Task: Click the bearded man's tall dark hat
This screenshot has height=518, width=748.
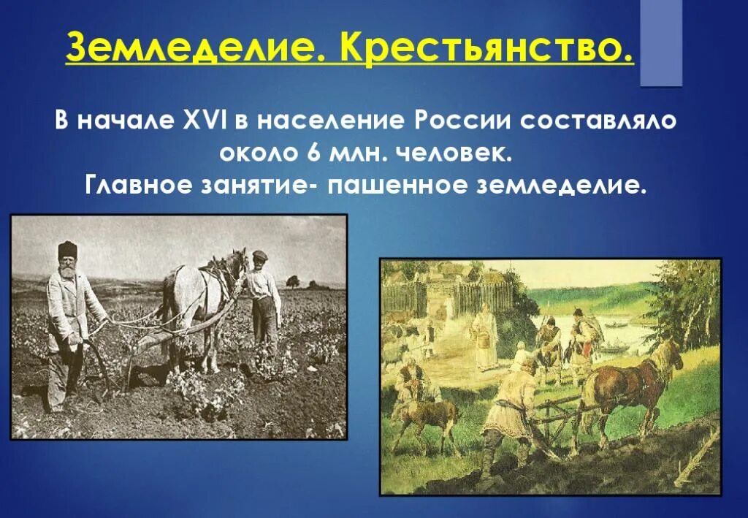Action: tap(68, 250)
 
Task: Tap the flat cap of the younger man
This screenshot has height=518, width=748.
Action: tap(259, 254)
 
